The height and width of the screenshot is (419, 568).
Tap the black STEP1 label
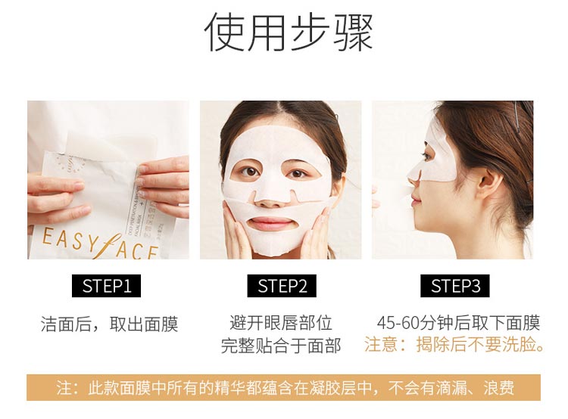[107, 286]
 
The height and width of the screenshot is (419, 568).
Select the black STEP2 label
[282, 286]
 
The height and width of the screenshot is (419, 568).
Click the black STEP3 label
[455, 286]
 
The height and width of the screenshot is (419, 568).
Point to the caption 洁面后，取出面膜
[109, 324]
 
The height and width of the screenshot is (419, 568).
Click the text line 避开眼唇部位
[281, 323]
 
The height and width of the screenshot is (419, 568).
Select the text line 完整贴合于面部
[281, 346]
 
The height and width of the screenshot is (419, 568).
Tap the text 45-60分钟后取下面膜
[458, 323]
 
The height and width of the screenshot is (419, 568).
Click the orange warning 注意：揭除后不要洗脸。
[455, 345]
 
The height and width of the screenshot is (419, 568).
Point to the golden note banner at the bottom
[284, 388]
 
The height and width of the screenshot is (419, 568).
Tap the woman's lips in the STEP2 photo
[272, 224]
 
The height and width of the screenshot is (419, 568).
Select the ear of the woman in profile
[487, 184]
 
